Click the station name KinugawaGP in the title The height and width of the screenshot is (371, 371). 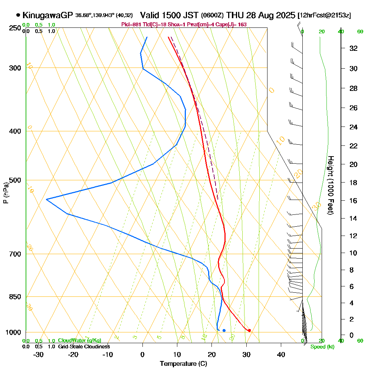tap(48, 15)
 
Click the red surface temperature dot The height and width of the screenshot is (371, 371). tap(249, 330)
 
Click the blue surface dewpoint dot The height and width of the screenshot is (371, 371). tap(224, 330)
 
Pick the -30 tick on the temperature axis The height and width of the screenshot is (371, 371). tap(38, 354)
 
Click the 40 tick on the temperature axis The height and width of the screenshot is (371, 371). tap(281, 354)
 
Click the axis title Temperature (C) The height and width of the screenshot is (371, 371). tap(183, 364)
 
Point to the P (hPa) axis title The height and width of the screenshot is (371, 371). tap(6, 193)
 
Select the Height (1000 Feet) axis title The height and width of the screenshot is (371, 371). tap(330, 185)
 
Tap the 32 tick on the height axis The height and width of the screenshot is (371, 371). tap(353, 48)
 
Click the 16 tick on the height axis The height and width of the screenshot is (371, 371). tap(353, 201)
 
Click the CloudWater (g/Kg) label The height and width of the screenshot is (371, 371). tap(79, 341)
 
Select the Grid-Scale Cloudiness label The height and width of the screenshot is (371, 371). tap(83, 347)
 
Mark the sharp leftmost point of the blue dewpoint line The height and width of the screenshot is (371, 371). tap(46, 200)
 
